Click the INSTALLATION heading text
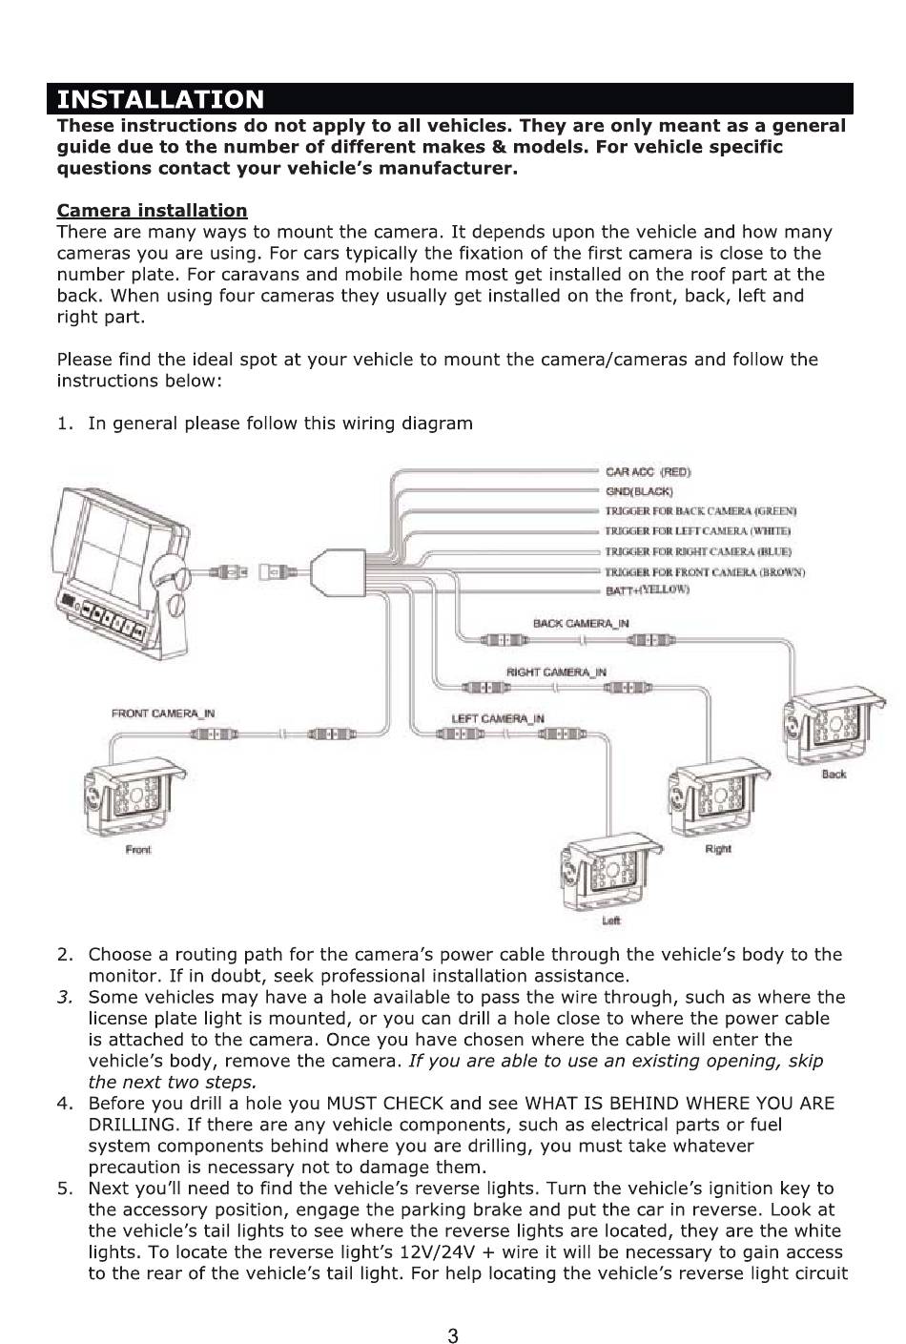click(160, 99)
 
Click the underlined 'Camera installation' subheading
click(152, 211)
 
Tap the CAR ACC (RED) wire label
click(648, 472)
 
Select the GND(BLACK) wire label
click(639, 492)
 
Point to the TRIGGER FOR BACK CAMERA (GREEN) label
click(701, 511)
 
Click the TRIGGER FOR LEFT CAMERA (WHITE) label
click(698, 531)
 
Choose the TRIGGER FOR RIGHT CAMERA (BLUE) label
click(698, 551)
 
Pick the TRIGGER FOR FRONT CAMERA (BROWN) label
click(705, 571)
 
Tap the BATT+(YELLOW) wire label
click(648, 589)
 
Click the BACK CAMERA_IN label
click(581, 624)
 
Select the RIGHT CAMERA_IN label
click(556, 672)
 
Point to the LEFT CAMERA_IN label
click(498, 719)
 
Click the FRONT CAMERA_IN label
click(162, 713)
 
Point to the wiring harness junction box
click(339, 572)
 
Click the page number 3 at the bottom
click(453, 1335)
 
